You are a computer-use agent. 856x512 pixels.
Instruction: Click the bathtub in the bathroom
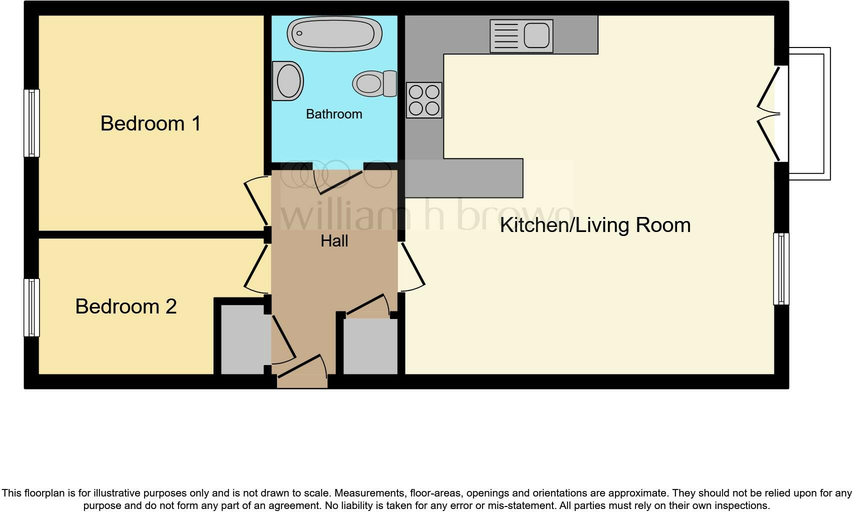(334, 34)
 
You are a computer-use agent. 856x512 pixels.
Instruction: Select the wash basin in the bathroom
(288, 81)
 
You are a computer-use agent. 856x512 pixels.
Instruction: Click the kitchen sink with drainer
(521, 36)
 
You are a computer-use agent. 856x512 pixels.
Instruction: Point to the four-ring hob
(424, 100)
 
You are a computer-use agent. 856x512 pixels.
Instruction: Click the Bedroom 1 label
(150, 123)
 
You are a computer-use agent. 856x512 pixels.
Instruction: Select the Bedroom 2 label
(126, 306)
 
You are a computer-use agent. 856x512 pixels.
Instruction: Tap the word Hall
(334, 241)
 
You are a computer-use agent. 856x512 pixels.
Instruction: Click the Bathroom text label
(334, 114)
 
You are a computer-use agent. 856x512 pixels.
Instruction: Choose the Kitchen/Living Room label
(595, 225)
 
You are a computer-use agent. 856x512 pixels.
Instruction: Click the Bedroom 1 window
(31, 123)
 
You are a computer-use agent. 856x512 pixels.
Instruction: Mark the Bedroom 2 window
(31, 307)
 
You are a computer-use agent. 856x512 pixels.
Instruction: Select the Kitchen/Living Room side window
(781, 268)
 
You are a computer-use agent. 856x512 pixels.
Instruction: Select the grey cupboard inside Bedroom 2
(242, 339)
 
